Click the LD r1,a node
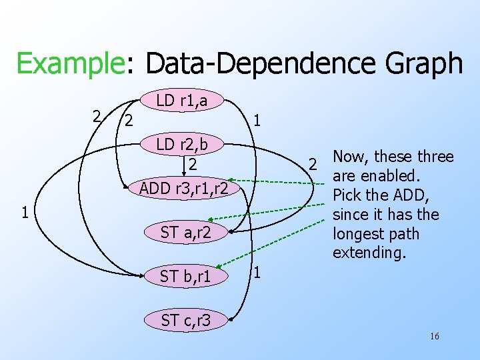[181, 101]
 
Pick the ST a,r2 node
[185, 232]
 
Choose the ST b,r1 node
[185, 275]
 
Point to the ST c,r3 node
[185, 320]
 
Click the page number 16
[434, 336]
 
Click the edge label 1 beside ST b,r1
[257, 273]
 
